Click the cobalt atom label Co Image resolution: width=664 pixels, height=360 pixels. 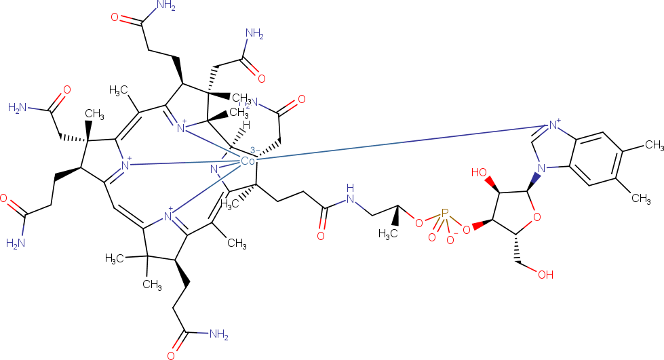click(x=248, y=161)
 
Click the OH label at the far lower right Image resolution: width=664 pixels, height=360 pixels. click(x=547, y=275)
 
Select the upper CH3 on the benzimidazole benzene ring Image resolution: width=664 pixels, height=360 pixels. click(x=652, y=145)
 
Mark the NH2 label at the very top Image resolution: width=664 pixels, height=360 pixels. click(x=165, y=6)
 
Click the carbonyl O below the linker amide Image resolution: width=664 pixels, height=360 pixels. click(x=320, y=236)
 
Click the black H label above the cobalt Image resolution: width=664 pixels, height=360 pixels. click(x=248, y=125)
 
